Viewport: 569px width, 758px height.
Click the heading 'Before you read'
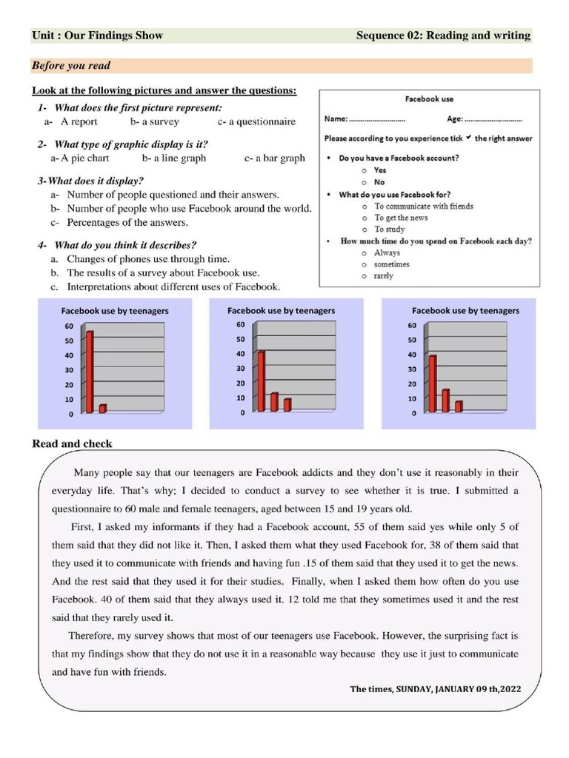[71, 66]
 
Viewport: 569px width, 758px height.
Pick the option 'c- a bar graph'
[274, 158]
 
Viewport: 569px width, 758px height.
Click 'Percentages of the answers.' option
[127, 222]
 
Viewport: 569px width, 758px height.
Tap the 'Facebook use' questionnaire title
[429, 98]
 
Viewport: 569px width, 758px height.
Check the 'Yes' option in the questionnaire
[380, 170]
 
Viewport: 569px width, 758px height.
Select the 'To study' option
[389, 229]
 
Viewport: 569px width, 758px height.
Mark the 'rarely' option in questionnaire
[383, 276]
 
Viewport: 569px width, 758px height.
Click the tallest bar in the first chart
[90, 372]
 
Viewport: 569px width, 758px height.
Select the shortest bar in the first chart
[103, 408]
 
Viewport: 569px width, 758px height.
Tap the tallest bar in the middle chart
[260, 380]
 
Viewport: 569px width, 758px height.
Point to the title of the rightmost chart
[465, 311]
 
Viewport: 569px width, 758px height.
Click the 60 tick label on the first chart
[68, 326]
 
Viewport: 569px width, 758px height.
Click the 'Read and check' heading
[72, 444]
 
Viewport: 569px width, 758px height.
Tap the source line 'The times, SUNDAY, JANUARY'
[436, 689]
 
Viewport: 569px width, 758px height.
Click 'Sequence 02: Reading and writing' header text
[443, 36]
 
